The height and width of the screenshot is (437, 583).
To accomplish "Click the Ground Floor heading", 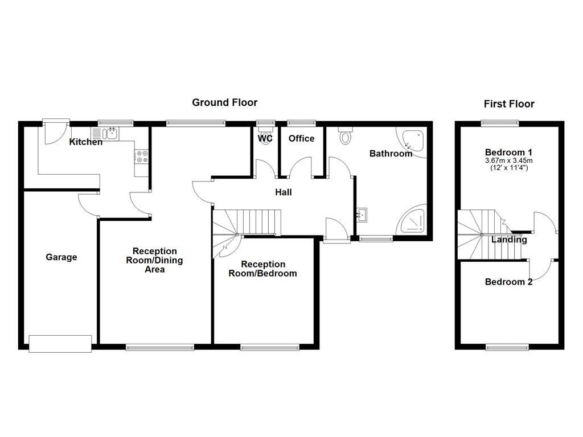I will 224,102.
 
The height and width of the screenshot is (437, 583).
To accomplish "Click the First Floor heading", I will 509,104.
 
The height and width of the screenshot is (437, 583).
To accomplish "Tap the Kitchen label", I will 86,142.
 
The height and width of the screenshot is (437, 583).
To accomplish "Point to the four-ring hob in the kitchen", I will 141,156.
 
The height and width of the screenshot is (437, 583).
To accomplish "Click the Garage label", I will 61,257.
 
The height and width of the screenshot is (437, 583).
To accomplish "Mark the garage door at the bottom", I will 60,343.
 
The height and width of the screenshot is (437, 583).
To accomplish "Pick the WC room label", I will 265,138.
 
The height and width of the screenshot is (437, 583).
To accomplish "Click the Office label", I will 301,138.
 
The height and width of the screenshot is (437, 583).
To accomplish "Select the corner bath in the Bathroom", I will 414,142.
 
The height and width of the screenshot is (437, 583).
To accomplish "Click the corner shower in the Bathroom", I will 412,220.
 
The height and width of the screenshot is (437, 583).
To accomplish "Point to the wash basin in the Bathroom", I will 362,215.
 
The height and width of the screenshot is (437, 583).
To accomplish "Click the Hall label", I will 284,192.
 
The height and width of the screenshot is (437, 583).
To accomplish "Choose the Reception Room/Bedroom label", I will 262,269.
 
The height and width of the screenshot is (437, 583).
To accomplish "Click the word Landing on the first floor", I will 509,240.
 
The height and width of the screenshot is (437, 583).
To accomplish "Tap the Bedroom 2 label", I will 508,282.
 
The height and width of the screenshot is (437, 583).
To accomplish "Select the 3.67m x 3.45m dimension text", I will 509,161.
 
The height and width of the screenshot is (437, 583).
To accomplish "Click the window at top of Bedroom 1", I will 500,122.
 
